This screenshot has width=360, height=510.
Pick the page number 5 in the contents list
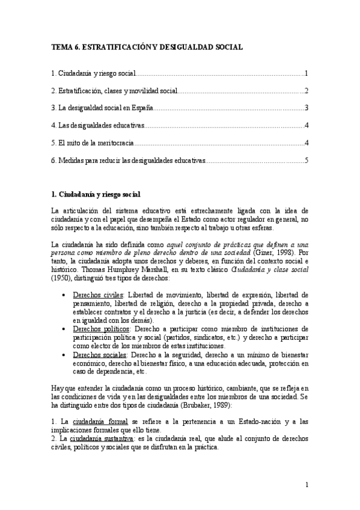click(307, 161)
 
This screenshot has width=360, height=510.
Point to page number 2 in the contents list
click(307, 91)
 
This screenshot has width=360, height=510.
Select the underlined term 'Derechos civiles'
click(94, 295)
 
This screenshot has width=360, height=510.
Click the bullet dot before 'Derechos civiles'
click(64, 296)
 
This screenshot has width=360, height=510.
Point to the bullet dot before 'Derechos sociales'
click(64, 356)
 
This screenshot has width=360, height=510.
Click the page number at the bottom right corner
click(307, 485)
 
